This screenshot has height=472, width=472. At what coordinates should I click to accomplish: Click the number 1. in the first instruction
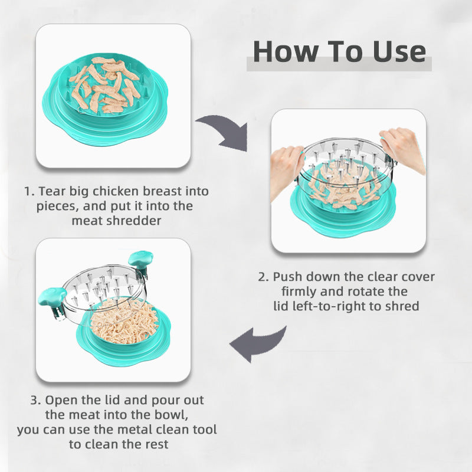pos(29,192)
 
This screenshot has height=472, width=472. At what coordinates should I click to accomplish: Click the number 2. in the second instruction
pos(263,277)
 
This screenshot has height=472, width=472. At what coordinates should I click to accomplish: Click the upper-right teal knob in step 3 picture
pos(140,260)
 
